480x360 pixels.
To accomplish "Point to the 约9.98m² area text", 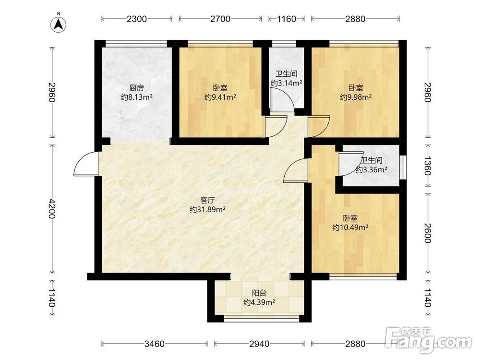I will coord(356,97).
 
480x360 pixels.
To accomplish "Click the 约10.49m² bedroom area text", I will coord(350,228).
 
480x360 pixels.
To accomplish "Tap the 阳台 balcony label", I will coord(259,293).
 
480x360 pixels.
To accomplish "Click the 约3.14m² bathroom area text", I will coord(286,83).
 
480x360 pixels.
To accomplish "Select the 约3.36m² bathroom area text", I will coord(372,169).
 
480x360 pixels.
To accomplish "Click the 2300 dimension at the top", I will coord(136,19).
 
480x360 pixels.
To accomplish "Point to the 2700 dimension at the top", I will coord(220,19).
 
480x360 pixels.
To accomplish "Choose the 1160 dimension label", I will coord(287,19).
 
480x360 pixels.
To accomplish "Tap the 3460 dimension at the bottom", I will coord(155,344).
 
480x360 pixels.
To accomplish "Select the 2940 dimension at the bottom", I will coord(259,344).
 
